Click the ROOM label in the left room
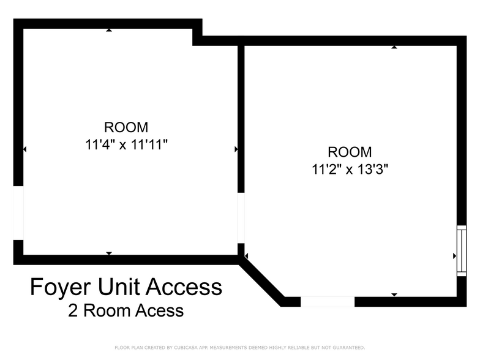coord(126,127)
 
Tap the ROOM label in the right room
coord(350,152)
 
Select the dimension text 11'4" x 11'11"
coord(126,144)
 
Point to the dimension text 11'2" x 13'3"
coord(350,169)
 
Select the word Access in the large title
coord(184,287)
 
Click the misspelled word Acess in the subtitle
coord(159,310)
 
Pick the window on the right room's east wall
coord(462,251)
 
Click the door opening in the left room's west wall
coord(18,213)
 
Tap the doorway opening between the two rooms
coord(241,218)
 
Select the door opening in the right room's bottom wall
coord(328,301)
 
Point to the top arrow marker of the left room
coord(109,30)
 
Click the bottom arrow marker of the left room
coord(109,253)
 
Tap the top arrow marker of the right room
coord(394,47)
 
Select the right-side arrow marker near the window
coord(455,256)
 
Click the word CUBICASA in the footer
coord(186,348)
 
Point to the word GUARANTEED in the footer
coord(349,348)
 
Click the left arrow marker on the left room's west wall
coord(24,149)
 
